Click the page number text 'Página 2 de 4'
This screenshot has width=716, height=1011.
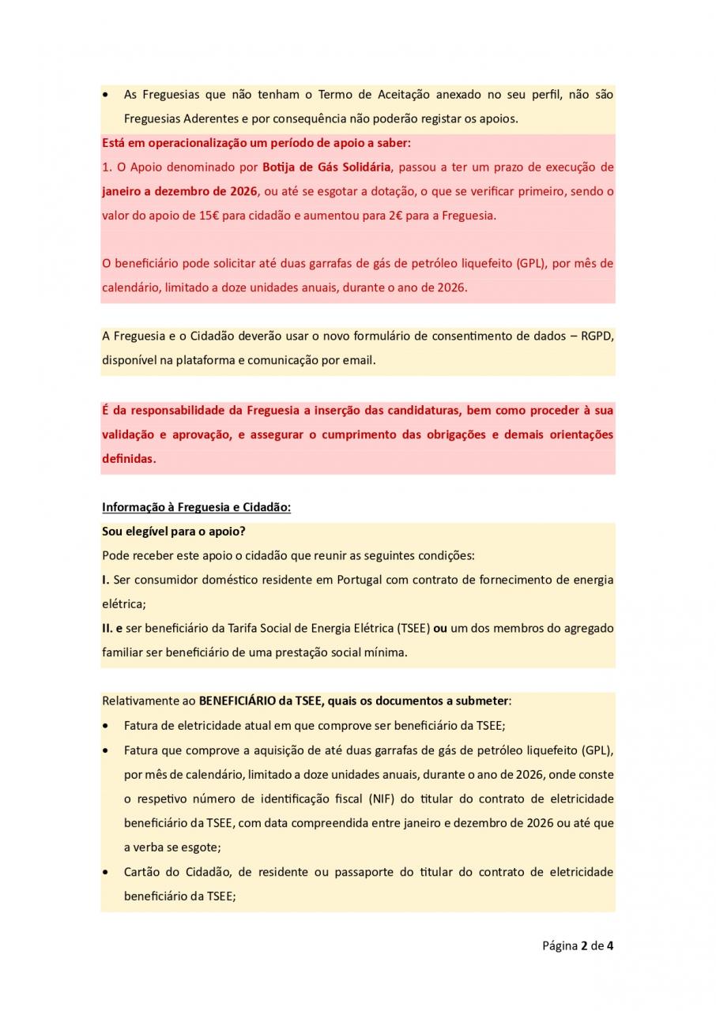click(x=577, y=945)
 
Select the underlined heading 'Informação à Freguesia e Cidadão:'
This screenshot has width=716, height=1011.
click(x=196, y=507)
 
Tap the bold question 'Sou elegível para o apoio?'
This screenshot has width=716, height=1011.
click(x=174, y=531)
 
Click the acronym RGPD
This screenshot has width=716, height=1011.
click(x=598, y=336)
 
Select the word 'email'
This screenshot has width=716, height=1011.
click(x=358, y=360)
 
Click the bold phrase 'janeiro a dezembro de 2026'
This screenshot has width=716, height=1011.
click(x=179, y=191)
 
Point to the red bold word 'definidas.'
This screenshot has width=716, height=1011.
click(x=129, y=458)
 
